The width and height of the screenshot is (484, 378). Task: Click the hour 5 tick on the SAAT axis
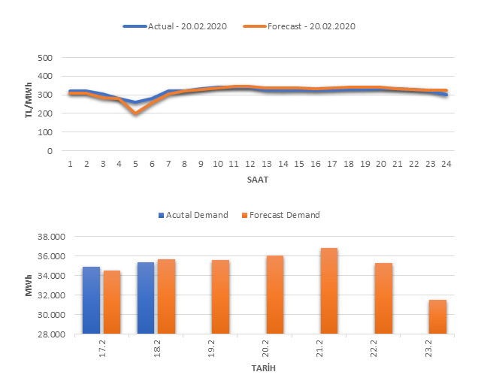click(135, 163)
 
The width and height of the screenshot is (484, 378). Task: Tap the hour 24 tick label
click(446, 163)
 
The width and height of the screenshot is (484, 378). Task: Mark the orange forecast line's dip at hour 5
click(135, 113)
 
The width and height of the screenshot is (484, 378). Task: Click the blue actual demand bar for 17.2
click(91, 300)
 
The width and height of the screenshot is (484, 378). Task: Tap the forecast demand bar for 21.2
click(329, 291)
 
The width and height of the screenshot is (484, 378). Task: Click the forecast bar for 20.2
click(275, 295)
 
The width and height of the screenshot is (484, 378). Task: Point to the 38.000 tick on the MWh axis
click(52, 237)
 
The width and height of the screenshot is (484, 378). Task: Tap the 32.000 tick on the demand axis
click(52, 295)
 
